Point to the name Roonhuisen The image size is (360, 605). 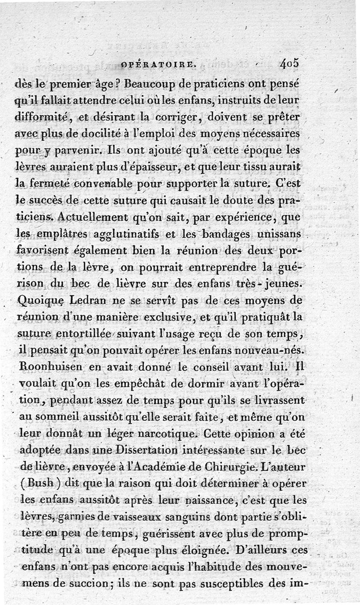coord(49,367)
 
